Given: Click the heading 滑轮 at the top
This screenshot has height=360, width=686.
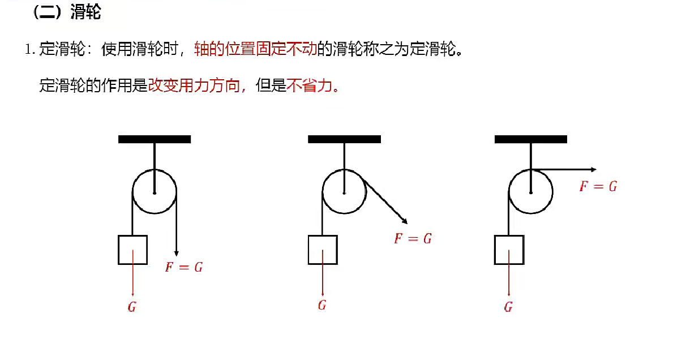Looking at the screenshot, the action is [85, 13].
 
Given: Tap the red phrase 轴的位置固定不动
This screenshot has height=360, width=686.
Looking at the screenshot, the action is [255, 49].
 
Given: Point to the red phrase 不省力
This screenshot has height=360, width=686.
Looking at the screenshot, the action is [310, 86].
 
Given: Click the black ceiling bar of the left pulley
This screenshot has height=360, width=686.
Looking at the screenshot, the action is [155, 139].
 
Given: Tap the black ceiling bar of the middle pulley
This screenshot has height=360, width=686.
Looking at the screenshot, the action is [344, 139].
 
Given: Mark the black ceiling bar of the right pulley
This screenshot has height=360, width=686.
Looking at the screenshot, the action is [531, 139].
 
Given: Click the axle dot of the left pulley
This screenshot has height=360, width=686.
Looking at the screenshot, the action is [155, 192].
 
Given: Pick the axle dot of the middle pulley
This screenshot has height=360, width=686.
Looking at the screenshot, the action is [344, 192].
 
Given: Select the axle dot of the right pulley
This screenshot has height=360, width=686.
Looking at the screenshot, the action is [531, 192].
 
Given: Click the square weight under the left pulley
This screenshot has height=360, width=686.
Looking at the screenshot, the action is [133, 250].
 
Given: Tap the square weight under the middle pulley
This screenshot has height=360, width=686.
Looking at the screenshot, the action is [323, 250].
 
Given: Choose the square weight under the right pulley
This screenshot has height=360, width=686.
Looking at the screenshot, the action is [509, 250].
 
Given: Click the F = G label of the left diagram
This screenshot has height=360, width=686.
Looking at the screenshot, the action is [184, 267].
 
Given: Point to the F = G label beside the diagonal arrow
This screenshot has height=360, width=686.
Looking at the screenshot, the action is [413, 239].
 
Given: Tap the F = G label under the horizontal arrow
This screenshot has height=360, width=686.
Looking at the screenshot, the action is [598, 186].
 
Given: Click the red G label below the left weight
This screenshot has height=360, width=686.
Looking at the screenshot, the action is [132, 307].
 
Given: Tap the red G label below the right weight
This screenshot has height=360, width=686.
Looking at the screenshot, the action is [508, 307].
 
